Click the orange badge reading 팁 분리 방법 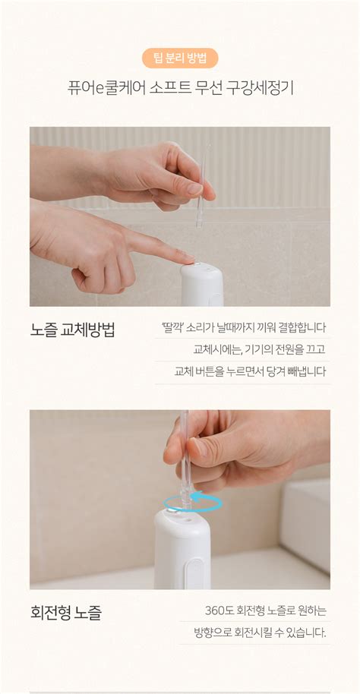tap(180, 58)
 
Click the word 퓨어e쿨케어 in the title tap(99, 87)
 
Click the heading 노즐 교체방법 tap(73, 330)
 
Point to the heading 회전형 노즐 tap(66, 612)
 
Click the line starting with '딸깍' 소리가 tap(243, 328)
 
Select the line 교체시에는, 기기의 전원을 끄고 tap(259, 349)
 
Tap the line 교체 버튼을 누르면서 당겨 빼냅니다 tap(250, 371)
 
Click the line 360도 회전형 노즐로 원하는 tap(265, 610)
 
